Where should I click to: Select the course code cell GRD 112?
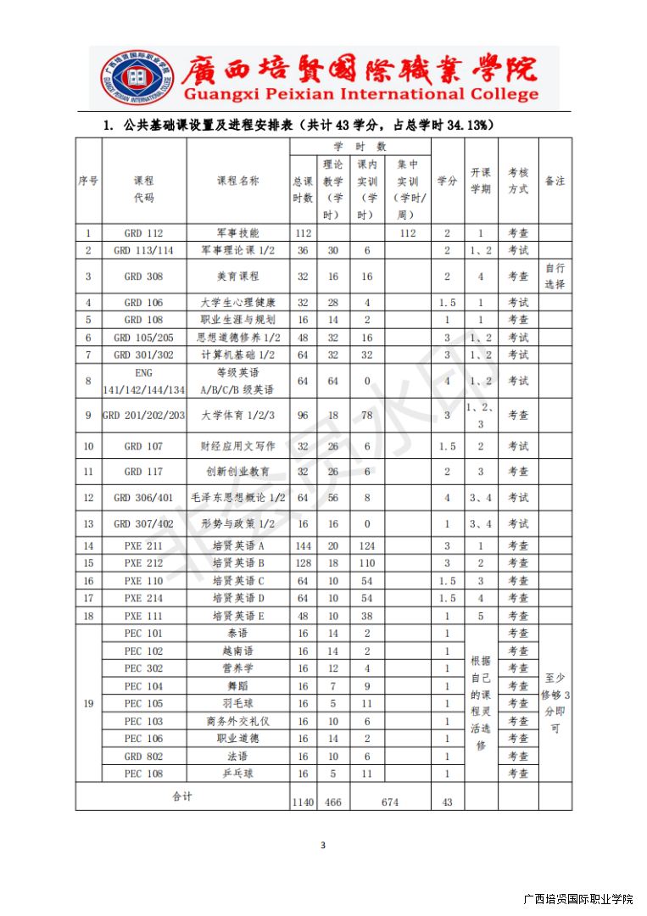click(x=144, y=232)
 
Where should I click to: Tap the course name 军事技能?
click(x=238, y=232)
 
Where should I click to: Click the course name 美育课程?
click(x=238, y=276)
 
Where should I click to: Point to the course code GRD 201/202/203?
click(x=143, y=416)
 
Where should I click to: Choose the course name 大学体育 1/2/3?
click(x=238, y=416)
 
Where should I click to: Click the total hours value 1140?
click(x=303, y=801)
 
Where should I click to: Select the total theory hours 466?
click(x=333, y=801)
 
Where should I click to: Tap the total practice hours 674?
click(x=389, y=801)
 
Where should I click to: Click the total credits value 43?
click(x=447, y=801)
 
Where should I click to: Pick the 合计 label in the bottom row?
click(x=182, y=796)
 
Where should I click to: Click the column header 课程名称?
click(x=238, y=181)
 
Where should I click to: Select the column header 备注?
click(x=555, y=181)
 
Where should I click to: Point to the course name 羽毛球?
click(x=238, y=703)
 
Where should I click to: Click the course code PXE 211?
click(x=144, y=545)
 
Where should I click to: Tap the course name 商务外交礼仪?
click(x=238, y=721)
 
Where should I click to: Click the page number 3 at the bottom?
click(x=323, y=845)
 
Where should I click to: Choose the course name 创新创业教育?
click(x=238, y=472)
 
